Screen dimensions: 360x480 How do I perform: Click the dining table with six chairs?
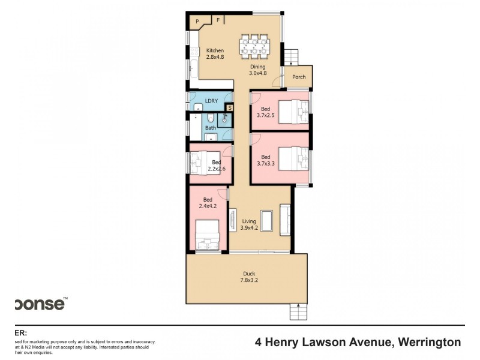click(256, 46)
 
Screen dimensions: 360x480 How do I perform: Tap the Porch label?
click(299, 77)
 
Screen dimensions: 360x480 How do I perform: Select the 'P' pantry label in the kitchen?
click(197, 22)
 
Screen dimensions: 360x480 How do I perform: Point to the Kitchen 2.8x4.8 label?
click(215, 54)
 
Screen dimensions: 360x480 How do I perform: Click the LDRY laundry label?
click(211, 101)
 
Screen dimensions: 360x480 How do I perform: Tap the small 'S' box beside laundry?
click(229, 108)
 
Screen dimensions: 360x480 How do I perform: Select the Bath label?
click(211, 128)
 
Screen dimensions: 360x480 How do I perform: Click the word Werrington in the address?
click(427, 343)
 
